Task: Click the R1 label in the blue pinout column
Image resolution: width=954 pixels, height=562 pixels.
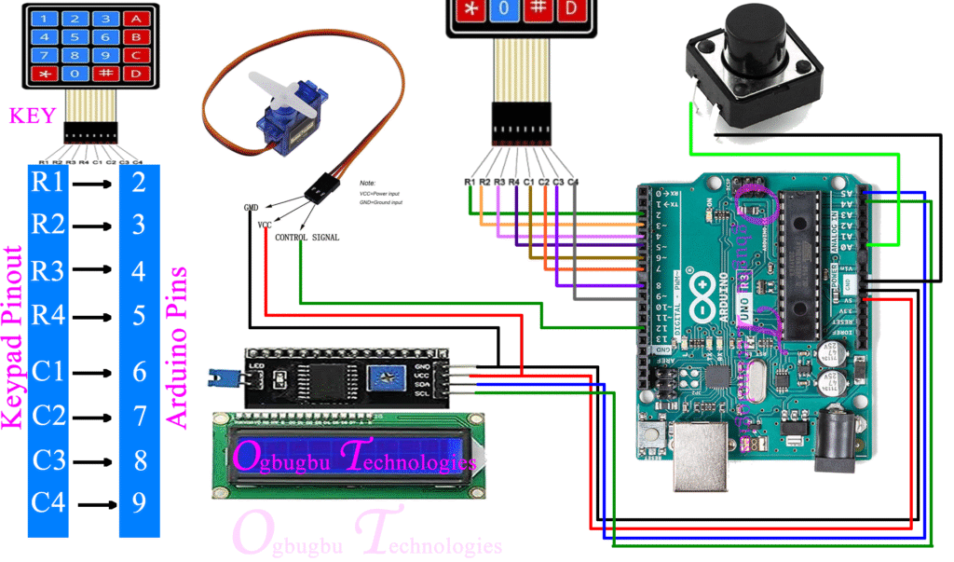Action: point(48,183)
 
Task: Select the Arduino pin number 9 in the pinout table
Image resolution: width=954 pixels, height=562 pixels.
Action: point(139,503)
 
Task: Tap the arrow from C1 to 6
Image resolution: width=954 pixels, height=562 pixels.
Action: point(94,373)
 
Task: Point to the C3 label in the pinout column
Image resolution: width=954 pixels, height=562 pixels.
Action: point(48,459)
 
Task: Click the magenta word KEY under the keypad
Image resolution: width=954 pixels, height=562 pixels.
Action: point(33,116)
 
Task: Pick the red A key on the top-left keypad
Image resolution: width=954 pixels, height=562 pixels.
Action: point(137,18)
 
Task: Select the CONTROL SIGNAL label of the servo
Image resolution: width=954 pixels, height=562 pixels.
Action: point(307,238)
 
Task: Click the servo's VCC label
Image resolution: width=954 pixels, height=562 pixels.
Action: point(265,226)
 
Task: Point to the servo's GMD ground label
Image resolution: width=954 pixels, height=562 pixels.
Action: point(251,207)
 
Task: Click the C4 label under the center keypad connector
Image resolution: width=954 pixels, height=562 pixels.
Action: point(573,181)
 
